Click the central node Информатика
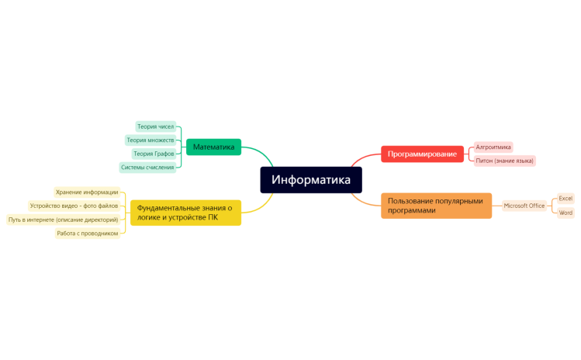[310, 180]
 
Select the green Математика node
[213, 147]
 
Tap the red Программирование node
[422, 154]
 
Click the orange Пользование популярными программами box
[436, 206]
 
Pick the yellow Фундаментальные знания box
[185, 213]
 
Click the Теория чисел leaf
[155, 126]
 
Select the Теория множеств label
[150, 140]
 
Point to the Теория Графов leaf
[154, 154]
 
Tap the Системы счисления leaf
[147, 167]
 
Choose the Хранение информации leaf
[87, 192]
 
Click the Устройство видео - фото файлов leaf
[74, 206]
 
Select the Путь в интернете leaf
[64, 220]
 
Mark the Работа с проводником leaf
[88, 233]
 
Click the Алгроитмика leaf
[493, 147]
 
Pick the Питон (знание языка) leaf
[504, 161]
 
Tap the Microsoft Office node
[524, 206]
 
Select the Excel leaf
[565, 199]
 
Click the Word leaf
[565, 213]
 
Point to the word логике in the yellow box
[150, 217]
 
